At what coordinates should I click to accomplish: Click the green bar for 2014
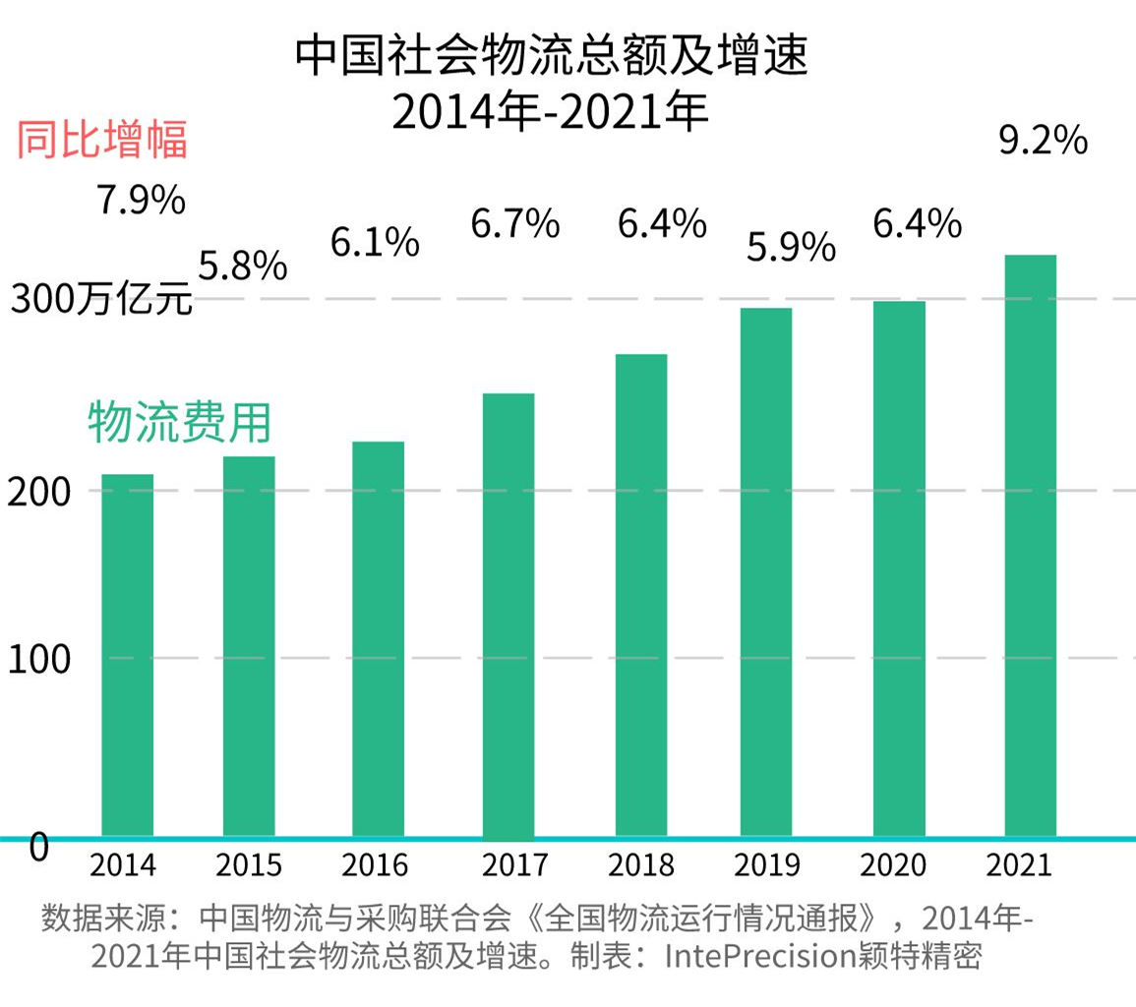128,655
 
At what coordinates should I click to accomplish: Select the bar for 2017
508,615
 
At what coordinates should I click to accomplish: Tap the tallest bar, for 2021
1031,546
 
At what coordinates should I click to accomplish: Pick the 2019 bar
766,572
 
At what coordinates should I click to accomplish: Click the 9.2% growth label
1043,142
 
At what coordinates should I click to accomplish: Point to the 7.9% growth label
141,201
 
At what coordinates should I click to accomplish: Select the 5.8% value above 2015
243,266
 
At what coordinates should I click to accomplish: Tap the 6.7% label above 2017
514,224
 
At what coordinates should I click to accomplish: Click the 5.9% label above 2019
790,248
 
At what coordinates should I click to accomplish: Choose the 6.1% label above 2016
375,242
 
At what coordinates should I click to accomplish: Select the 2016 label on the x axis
375,865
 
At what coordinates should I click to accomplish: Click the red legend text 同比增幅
101,142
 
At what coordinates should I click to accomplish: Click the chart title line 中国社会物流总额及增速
551,58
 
